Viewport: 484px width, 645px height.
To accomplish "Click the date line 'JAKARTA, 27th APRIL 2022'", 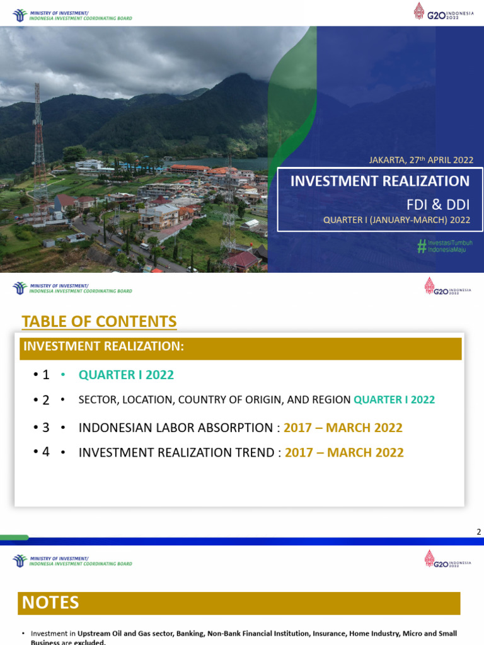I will [421, 160].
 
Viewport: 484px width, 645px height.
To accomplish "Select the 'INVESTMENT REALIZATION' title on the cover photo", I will [379, 181].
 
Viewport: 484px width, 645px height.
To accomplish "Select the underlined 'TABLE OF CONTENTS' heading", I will [99, 321].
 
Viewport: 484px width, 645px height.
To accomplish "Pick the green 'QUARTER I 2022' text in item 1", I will [126, 375].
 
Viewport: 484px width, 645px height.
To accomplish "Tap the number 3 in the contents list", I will [45, 428].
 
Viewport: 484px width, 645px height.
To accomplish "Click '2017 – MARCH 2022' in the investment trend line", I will [344, 452].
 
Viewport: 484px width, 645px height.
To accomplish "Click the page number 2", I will [478, 532].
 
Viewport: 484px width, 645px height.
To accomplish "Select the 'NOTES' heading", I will [50, 603].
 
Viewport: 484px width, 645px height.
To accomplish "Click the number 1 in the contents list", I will [45, 375].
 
